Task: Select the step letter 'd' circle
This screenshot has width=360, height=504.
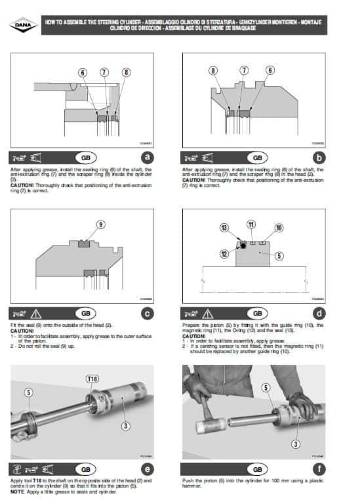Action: click(319, 314)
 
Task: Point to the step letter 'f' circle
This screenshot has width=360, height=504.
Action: click(319, 469)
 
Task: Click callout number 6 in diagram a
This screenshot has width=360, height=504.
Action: click(83, 72)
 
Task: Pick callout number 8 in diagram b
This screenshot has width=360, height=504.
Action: click(213, 70)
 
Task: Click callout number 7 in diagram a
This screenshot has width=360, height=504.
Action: click(104, 72)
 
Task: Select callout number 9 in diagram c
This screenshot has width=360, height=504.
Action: click(100, 224)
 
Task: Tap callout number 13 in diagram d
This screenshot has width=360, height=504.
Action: click(224, 227)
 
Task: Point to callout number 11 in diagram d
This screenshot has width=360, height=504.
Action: click(251, 224)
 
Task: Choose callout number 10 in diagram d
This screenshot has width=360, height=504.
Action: click(279, 228)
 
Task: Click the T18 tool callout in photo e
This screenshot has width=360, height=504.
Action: click(92, 379)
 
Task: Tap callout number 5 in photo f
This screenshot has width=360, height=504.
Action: click(266, 388)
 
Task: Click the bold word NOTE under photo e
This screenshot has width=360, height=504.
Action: click(18, 492)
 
